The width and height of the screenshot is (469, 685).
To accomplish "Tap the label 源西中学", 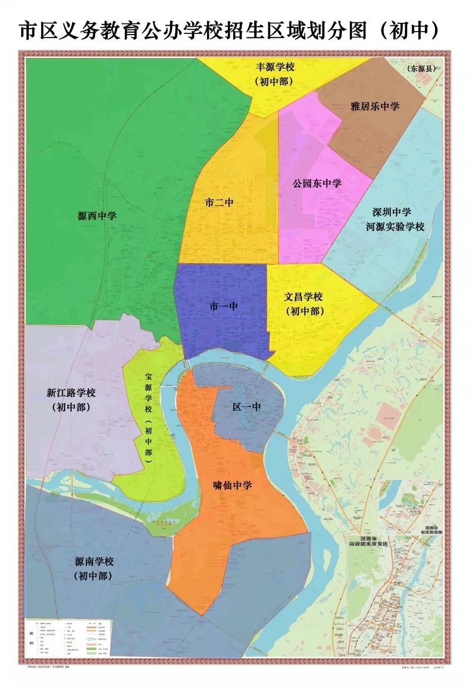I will [97, 215].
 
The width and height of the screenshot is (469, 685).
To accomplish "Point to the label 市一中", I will [223, 306].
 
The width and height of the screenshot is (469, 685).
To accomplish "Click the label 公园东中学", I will [317, 183].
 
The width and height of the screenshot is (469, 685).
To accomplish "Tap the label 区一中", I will [246, 406].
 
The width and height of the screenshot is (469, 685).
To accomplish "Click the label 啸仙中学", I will [233, 485].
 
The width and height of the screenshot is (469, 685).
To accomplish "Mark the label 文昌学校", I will [304, 297].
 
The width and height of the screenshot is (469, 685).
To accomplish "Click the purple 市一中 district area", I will [223, 334].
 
